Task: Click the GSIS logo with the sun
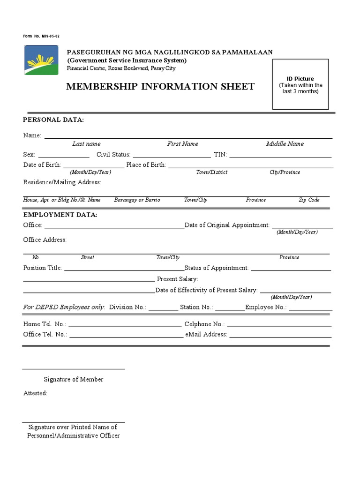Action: click(41, 60)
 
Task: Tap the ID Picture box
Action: click(300, 84)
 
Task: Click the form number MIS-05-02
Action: click(41, 37)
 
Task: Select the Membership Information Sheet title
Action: click(160, 86)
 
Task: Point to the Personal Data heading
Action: click(53, 120)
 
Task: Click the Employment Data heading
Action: click(60, 215)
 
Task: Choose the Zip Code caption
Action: click(309, 200)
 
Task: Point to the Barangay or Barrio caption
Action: click(137, 200)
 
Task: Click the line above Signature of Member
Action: click(74, 369)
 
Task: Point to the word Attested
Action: click(35, 393)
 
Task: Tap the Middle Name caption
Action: click(285, 144)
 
